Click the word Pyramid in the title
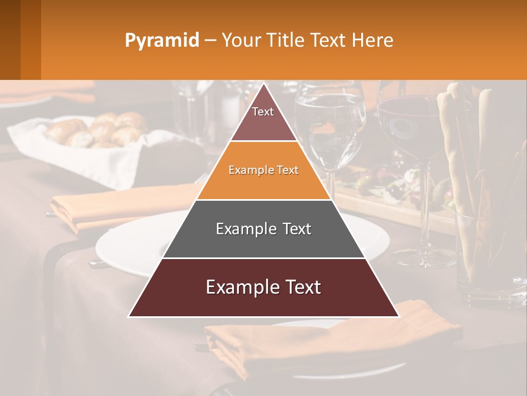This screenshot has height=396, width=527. [x=161, y=41]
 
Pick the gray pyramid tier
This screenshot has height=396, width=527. [x=263, y=229]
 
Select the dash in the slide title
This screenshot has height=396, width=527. [x=210, y=41]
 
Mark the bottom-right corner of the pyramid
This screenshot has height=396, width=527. [x=399, y=316]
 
